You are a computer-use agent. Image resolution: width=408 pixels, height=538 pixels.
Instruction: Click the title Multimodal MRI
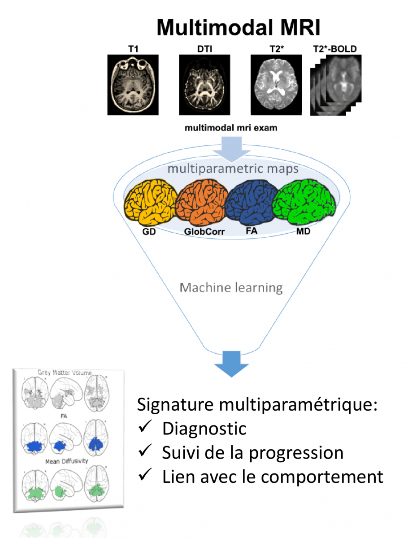tap(239, 28)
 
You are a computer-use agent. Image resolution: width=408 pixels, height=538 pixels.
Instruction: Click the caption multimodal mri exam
tap(231, 128)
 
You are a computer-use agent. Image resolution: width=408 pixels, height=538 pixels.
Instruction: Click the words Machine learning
tap(231, 287)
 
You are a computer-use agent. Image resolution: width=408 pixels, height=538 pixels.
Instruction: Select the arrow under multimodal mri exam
tap(231, 148)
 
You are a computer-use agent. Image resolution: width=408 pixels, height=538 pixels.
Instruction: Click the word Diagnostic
tap(204, 428)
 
